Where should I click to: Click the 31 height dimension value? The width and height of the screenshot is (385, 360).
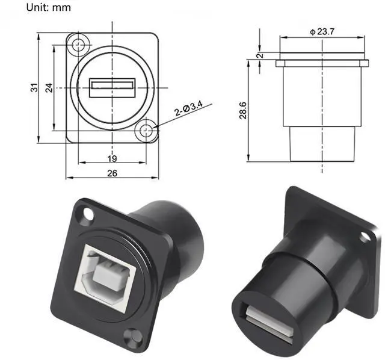35,87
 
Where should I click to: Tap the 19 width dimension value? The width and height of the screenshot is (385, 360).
112,158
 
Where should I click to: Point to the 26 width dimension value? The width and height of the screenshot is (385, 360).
112,173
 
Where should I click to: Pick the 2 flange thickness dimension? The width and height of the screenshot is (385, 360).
259,55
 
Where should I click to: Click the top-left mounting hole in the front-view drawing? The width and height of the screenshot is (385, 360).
77,43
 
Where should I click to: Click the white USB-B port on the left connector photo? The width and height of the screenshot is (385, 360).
107,271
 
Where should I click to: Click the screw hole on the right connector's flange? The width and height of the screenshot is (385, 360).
365,237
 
